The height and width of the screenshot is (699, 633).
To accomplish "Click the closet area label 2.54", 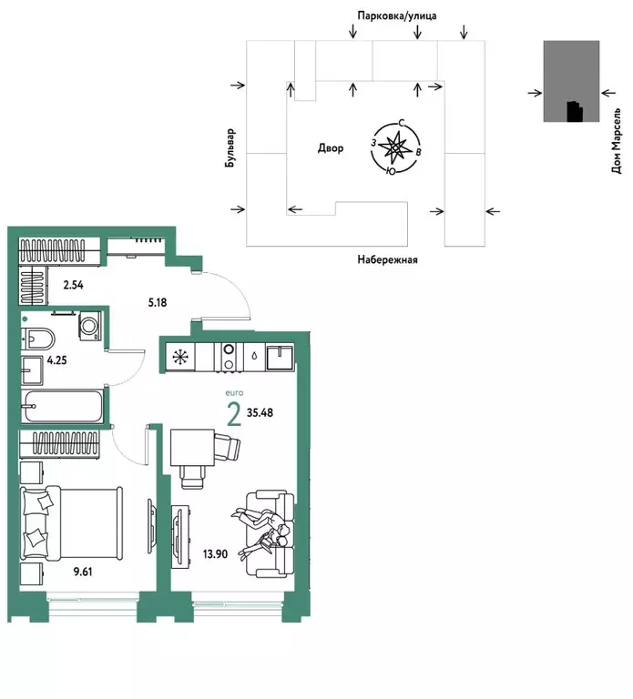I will tap(74, 286).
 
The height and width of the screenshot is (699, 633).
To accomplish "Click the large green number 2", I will tap(234, 415).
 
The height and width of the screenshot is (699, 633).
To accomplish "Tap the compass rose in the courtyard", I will tap(394, 147).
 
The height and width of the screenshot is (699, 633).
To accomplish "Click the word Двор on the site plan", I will tap(331, 148).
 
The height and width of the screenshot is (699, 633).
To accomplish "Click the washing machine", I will tap(91, 326).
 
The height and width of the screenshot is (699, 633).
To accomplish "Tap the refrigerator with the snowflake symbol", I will tap(179, 356).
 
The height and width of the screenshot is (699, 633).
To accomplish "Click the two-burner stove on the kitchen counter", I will tap(229, 356).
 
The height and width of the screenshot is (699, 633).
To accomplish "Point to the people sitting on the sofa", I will tap(265, 532).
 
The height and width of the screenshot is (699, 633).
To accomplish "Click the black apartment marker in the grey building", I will tap(573, 111).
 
